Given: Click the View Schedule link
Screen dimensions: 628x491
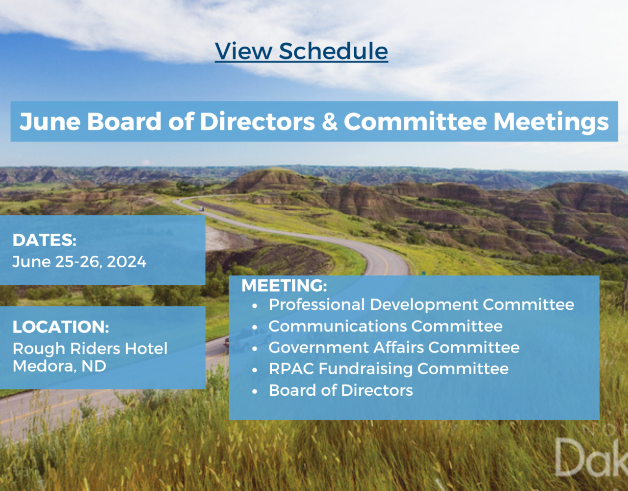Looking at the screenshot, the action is pyautogui.click(x=301, y=51).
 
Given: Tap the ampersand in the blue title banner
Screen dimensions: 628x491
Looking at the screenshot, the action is pyautogui.click(x=329, y=121).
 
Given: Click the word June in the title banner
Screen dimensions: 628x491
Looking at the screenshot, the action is pyautogui.click(x=50, y=121).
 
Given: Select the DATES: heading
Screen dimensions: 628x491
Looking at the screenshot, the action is pyautogui.click(x=44, y=240).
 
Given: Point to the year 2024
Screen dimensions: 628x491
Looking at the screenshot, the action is pyautogui.click(x=126, y=262).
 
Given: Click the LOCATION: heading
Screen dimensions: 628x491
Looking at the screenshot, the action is pyautogui.click(x=61, y=327).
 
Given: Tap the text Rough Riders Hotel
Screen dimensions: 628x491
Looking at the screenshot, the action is pyautogui.click(x=90, y=349).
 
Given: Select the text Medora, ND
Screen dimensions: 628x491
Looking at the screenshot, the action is pyautogui.click(x=59, y=366).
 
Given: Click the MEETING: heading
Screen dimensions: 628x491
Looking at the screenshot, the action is pyautogui.click(x=284, y=285).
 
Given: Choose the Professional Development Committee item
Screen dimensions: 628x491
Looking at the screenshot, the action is pyautogui.click(x=421, y=305).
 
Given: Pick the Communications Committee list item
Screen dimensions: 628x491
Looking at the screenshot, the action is pyautogui.click(x=386, y=326).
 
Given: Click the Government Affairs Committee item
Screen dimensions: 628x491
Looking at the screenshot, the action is pyautogui.click(x=394, y=347).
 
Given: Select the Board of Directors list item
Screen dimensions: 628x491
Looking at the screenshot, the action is pyautogui.click(x=340, y=390).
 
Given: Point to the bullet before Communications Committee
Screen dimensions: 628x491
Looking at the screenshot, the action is pyautogui.click(x=255, y=327).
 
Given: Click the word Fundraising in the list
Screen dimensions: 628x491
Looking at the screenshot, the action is pyautogui.click(x=366, y=369).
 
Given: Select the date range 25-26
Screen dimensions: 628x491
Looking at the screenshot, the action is pyautogui.click(x=78, y=262).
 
